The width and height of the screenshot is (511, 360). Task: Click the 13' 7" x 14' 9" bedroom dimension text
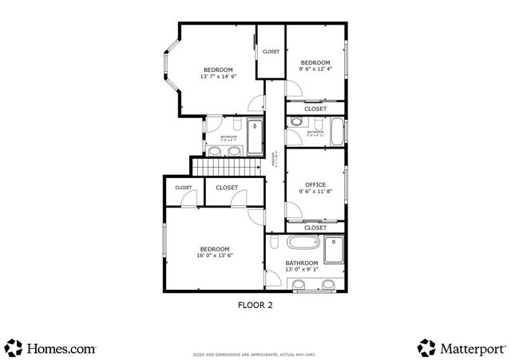pyautogui.click(x=217, y=77)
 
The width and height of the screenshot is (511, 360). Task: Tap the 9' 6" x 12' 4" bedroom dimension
pyautogui.click(x=315, y=70)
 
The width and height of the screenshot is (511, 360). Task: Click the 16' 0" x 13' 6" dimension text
pyautogui.click(x=215, y=256)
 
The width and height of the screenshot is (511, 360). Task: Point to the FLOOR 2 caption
pyautogui.click(x=255, y=304)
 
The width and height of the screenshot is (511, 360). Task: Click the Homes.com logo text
pyautogui.click(x=61, y=348)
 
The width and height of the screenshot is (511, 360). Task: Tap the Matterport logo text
pyautogui.click(x=471, y=348)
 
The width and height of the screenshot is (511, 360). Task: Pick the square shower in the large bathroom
pyautogui.click(x=334, y=248)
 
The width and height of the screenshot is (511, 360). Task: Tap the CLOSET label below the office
pyautogui.click(x=315, y=227)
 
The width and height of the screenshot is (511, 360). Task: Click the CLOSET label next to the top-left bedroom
pyautogui.click(x=271, y=52)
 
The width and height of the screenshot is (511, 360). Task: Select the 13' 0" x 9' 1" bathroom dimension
pyautogui.click(x=302, y=270)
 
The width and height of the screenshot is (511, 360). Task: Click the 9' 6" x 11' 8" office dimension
pyautogui.click(x=315, y=192)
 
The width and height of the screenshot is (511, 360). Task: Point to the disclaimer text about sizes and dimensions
pyautogui.click(x=255, y=352)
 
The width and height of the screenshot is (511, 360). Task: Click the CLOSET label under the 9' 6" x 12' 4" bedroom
pyautogui.click(x=315, y=109)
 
